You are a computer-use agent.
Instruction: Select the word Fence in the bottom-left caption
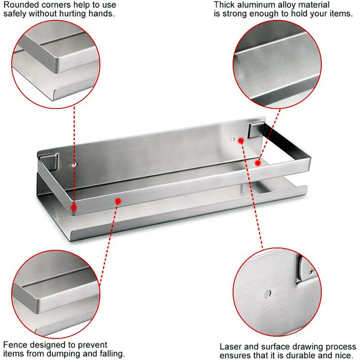[14, 345]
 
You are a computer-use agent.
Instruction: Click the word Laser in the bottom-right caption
[230, 347]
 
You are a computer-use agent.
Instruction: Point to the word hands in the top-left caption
[100, 13]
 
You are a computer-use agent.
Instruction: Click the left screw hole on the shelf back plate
[75, 165]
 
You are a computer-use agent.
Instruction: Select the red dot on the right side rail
[258, 162]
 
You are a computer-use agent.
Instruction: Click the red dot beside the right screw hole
[241, 140]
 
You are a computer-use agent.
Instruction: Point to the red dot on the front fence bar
[118, 201]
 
